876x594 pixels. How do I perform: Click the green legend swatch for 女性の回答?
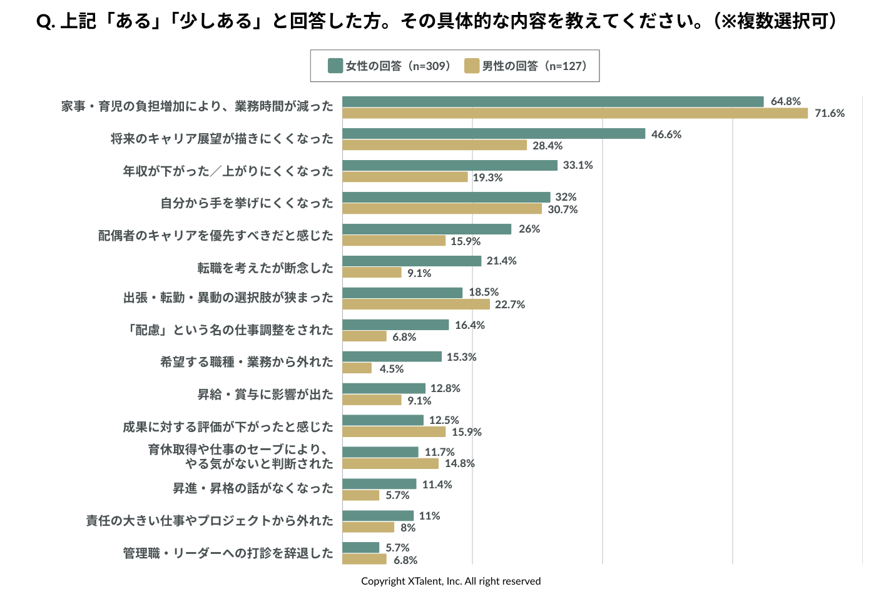(335, 66)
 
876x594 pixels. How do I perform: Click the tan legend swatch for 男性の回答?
(472, 66)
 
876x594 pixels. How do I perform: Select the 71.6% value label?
(830, 113)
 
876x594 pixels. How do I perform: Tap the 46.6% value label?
(666, 134)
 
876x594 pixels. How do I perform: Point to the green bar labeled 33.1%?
(450, 165)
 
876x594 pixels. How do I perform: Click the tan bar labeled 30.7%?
(442, 209)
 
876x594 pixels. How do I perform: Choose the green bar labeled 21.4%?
(412, 261)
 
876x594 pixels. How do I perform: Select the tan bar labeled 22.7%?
(416, 305)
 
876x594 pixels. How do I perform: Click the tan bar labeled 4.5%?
(357, 368)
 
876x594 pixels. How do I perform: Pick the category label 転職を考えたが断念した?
(265, 268)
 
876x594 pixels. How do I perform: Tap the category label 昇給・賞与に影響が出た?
(265, 395)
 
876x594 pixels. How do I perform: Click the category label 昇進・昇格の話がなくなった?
(253, 488)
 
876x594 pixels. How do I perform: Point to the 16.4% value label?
(470, 325)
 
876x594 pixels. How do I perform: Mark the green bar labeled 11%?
(378, 516)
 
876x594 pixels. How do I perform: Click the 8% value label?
(408, 528)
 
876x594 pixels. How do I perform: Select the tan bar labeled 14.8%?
(390, 463)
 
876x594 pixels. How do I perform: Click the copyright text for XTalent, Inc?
(451, 581)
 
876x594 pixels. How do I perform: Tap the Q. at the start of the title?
(46, 22)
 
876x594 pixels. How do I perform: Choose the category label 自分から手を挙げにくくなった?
(247, 203)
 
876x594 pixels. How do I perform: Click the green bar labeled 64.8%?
(553, 101)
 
